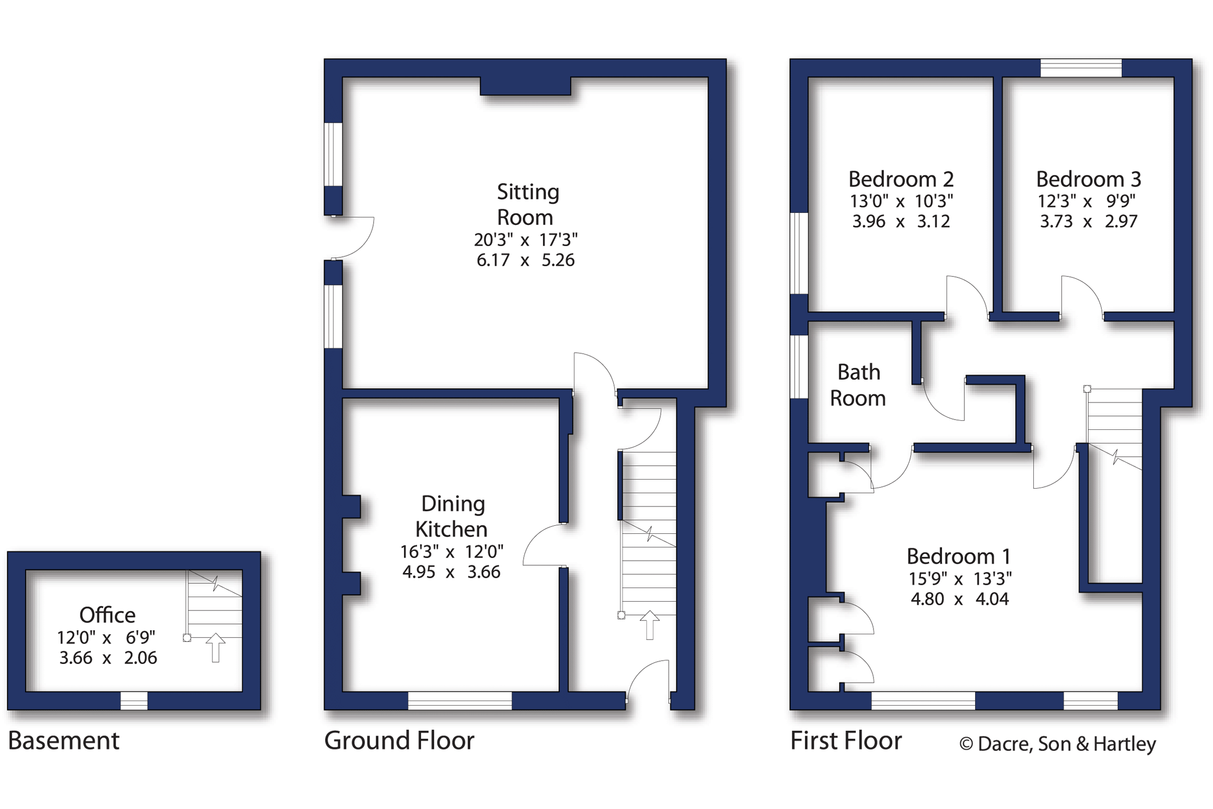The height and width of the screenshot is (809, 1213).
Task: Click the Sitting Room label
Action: point(527,204)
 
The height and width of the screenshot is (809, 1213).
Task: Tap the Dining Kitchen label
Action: point(452,516)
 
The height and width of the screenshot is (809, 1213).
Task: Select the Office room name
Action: point(107,615)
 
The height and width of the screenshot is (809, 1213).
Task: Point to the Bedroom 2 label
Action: point(901,179)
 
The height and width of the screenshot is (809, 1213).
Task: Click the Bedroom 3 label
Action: point(1089,179)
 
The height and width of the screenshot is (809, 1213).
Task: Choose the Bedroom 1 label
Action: point(959,556)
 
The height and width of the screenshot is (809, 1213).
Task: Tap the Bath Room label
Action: point(858,385)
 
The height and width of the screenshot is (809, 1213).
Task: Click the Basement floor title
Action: point(63,740)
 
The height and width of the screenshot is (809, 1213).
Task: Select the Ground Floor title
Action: point(399,740)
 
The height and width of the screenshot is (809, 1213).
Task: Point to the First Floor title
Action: point(846,740)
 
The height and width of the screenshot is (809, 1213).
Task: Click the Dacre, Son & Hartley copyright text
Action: point(1058,744)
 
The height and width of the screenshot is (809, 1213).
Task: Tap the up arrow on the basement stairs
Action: point(215,647)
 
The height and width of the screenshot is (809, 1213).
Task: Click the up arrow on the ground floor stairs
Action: point(649,625)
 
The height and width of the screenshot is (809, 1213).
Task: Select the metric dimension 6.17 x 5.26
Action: point(525,260)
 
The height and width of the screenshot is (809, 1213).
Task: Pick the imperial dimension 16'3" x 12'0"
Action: point(451,552)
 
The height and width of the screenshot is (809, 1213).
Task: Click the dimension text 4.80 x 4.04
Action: point(960,599)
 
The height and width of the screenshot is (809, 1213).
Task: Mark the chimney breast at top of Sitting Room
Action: point(525,86)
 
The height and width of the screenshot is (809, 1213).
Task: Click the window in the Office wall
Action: point(134,701)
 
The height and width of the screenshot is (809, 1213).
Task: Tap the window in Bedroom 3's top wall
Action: point(1081,68)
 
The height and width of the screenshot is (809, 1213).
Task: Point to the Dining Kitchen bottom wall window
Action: point(460,701)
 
